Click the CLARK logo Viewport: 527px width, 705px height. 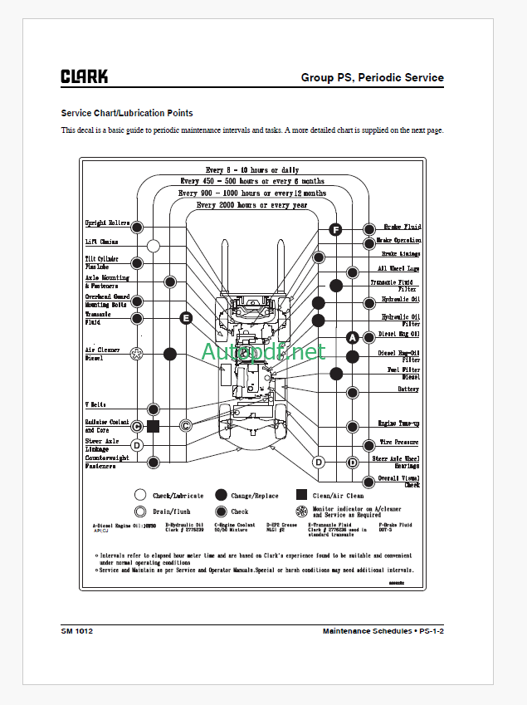[84, 76]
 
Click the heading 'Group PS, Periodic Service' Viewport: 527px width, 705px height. [372, 78]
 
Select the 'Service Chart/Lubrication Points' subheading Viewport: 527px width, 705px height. [127, 113]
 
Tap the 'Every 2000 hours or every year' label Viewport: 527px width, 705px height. [251, 204]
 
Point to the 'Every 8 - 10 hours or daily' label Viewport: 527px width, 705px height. [251, 169]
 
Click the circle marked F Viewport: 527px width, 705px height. [335, 229]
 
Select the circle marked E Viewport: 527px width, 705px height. [186, 317]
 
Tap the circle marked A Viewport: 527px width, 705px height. [352, 337]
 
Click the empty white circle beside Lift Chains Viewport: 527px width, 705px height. [154, 246]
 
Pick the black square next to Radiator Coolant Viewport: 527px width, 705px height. [153, 426]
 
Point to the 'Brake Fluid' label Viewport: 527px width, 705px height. [402, 227]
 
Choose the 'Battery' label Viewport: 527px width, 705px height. [407, 389]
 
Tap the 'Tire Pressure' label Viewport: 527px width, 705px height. [400, 443]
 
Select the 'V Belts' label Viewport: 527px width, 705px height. [95, 405]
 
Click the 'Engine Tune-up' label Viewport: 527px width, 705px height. [398, 423]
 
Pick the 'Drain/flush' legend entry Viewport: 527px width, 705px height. [172, 512]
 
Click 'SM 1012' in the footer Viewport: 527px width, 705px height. [76, 632]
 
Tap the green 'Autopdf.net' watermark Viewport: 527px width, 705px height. [263, 352]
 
